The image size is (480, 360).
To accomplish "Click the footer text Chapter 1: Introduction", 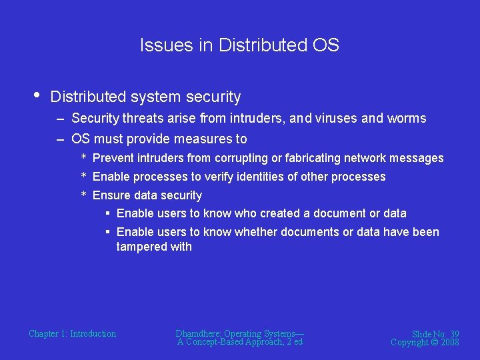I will pos(72,333).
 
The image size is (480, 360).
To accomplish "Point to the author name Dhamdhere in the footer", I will pos(199,333).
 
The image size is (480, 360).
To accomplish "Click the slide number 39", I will pos(453,334).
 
